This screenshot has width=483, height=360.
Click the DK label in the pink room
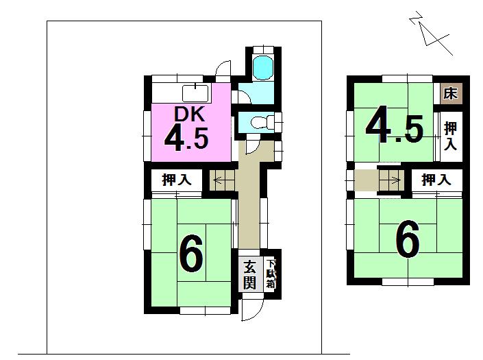(x=186, y=114)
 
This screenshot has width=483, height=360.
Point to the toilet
(x=262, y=123)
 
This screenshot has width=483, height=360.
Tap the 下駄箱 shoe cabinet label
(x=271, y=274)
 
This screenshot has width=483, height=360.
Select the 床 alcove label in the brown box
(x=451, y=93)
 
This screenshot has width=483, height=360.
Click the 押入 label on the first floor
(x=176, y=181)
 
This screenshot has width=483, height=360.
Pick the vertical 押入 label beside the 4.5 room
(x=449, y=136)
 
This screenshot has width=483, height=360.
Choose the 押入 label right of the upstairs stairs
(x=436, y=180)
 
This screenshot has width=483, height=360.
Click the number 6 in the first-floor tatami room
(x=191, y=254)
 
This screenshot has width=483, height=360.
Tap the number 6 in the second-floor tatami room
(x=407, y=241)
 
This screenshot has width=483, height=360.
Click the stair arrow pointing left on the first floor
(x=221, y=181)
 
